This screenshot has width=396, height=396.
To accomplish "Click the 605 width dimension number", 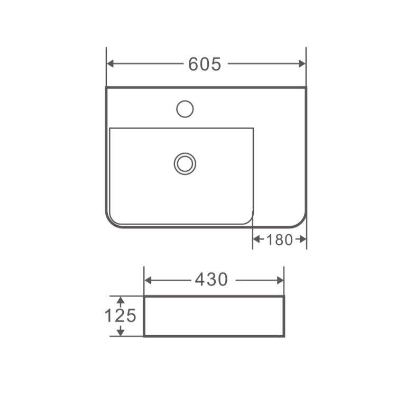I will click(x=205, y=64).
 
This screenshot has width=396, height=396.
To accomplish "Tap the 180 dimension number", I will click(x=279, y=240).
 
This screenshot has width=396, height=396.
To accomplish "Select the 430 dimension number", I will click(x=211, y=280).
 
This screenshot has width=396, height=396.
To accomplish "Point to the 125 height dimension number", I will click(x=120, y=316).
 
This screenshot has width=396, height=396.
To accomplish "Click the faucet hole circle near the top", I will click(x=185, y=109).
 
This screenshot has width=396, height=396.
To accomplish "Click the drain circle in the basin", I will click(x=185, y=163).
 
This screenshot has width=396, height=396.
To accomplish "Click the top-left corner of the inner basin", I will click(x=110, y=128).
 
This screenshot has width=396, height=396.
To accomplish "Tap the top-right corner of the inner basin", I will click(x=253, y=128).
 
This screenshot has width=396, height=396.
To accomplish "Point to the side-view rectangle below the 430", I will click(x=214, y=316).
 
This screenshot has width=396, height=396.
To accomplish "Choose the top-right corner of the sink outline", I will click(x=306, y=88).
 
